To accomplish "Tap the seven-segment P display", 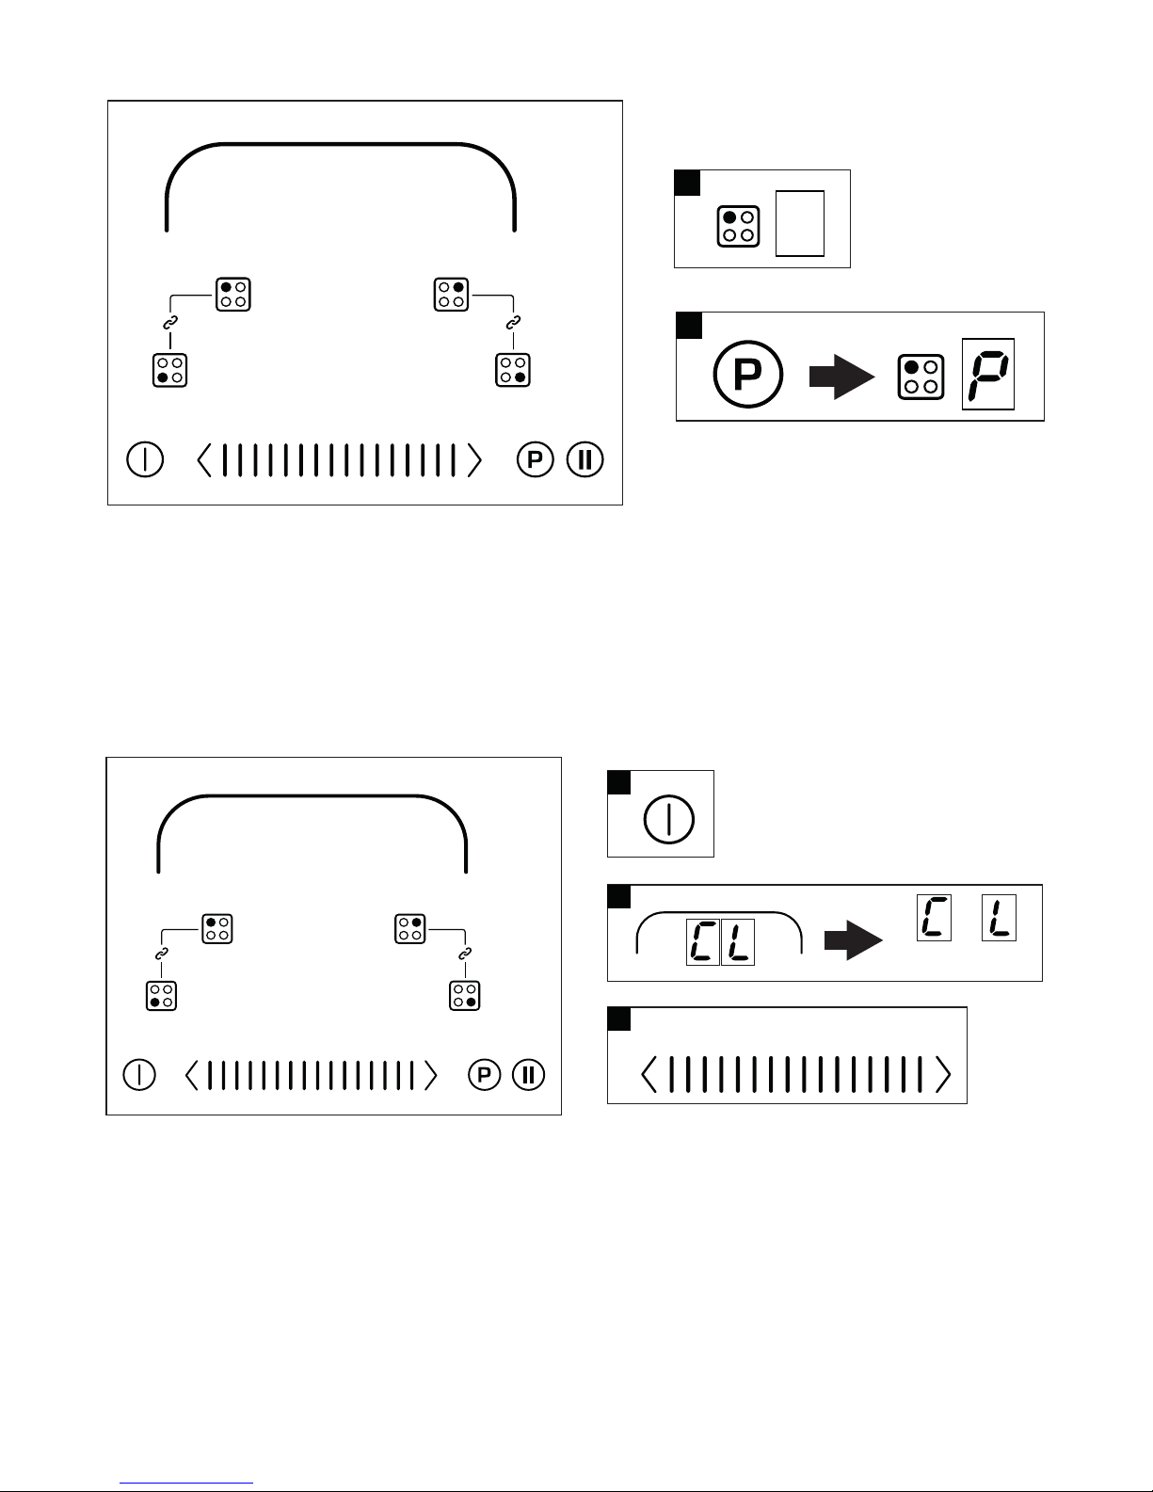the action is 987,374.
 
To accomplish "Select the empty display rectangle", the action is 799,223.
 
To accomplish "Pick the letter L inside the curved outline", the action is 738,942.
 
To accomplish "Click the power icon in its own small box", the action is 668,819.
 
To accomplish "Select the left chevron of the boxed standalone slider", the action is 649,1074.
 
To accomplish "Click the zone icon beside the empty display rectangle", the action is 739,226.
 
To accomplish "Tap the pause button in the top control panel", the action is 585,460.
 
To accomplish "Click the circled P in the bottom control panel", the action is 484,1075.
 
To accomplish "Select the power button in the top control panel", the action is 145,460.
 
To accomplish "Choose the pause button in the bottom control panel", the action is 529,1075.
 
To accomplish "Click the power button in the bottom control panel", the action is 139,1075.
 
